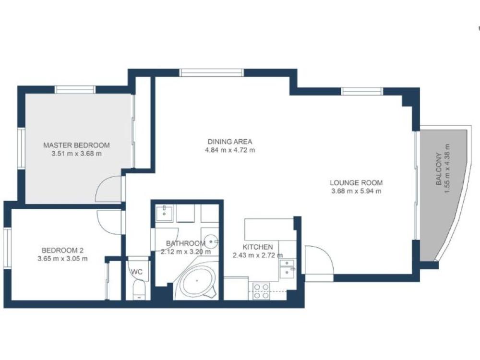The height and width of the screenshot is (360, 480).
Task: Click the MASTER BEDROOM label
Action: (76, 145)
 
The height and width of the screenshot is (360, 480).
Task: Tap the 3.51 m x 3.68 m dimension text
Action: (76, 154)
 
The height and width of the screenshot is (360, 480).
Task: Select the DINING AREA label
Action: (230, 142)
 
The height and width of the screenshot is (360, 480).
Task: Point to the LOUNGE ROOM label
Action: (356, 183)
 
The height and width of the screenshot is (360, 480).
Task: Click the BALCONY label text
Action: (439, 169)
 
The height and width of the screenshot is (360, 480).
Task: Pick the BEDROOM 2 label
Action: (62, 250)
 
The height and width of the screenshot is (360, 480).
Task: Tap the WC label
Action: (137, 272)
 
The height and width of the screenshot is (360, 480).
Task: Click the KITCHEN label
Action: (257, 247)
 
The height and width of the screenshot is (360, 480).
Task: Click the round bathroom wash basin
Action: (211, 241)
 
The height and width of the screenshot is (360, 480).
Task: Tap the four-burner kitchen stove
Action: (261, 291)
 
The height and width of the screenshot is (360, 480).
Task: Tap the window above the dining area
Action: (212, 72)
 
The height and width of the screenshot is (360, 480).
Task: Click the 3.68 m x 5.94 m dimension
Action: (356, 192)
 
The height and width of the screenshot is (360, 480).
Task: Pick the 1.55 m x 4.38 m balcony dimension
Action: (447, 169)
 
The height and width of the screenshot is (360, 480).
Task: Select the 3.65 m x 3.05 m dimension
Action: (62, 259)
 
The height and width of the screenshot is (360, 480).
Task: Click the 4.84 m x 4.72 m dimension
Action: (230, 150)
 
